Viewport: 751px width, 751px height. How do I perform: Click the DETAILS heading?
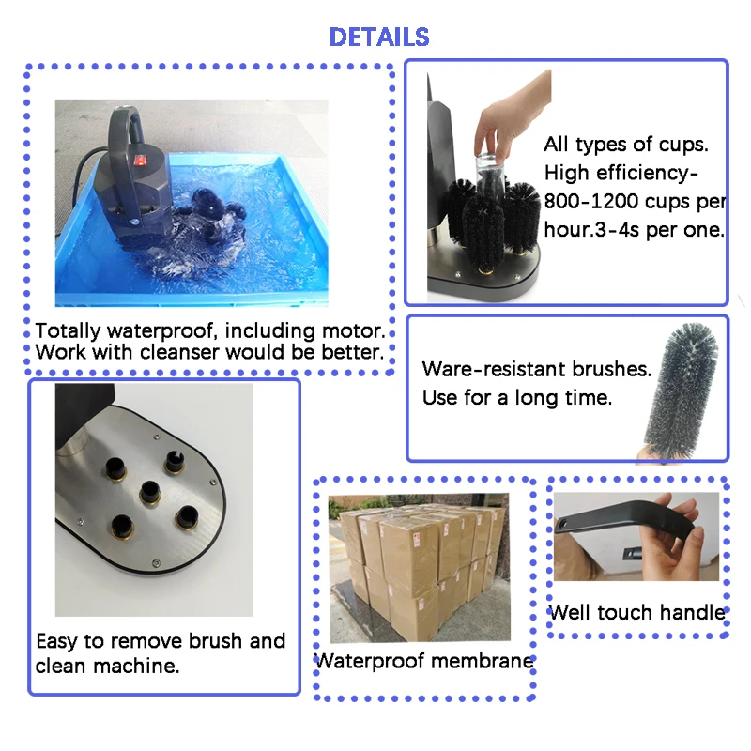(379, 38)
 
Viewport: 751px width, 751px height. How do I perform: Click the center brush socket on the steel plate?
(148, 489)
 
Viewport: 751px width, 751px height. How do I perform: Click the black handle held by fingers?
(620, 526)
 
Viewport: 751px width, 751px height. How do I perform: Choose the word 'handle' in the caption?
(692, 613)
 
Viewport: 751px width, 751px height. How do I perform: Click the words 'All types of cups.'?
(627, 146)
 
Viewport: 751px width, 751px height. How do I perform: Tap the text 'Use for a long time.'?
(516, 398)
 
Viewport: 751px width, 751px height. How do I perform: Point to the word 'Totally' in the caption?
(67, 331)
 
